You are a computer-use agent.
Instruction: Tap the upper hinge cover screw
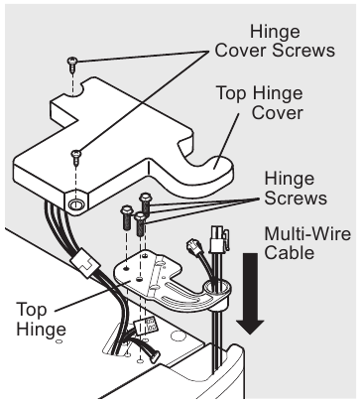[71, 65]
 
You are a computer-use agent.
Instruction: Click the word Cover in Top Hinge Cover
[277, 112]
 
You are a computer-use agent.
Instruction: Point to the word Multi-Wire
[307, 234]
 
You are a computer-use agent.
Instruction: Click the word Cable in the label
[290, 253]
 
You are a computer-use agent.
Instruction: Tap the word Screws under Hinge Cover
[302, 51]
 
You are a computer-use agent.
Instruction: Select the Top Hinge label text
[41, 320]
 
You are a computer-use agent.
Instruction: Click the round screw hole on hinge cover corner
[75, 204]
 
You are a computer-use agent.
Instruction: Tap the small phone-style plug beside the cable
[193, 247]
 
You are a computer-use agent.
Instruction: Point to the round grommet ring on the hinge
[216, 289]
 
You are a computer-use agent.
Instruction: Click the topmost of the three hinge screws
[145, 201]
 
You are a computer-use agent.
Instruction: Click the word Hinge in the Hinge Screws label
[290, 179]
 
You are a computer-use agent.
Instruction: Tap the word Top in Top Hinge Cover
[231, 93]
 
